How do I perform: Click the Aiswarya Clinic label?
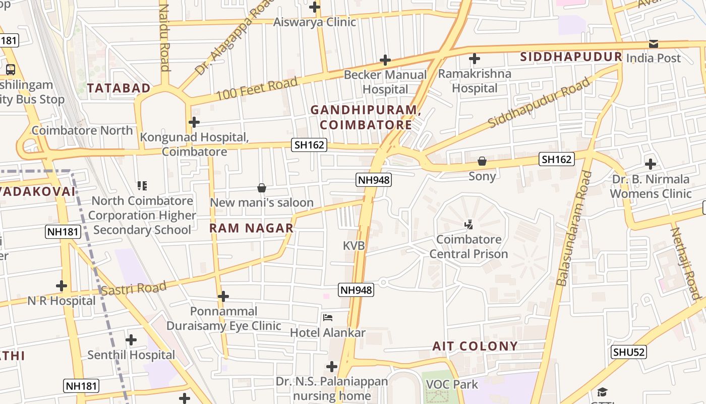pyautogui.click(x=315, y=22)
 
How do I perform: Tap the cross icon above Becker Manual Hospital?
pyautogui.click(x=385, y=60)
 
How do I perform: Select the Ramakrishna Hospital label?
pyautogui.click(x=474, y=81)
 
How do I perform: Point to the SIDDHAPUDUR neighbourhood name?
pyautogui.click(x=571, y=57)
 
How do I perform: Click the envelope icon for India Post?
pyautogui.click(x=654, y=44)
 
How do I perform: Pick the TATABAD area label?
pyautogui.click(x=119, y=88)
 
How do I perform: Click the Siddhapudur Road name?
pyautogui.click(x=540, y=103)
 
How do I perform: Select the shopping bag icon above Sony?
pyautogui.click(x=482, y=162)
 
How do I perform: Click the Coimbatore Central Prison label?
pyautogui.click(x=468, y=246)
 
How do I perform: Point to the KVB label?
pyautogui.click(x=354, y=246)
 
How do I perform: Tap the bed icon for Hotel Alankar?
pyautogui.click(x=328, y=318)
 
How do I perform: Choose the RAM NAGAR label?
pyautogui.click(x=252, y=228)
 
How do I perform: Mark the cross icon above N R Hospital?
pyautogui.click(x=62, y=286)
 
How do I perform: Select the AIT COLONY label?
pyautogui.click(x=475, y=346)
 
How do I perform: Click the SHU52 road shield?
pyautogui.click(x=629, y=352)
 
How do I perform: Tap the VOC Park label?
pyautogui.click(x=452, y=384)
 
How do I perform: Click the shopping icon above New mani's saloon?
pyautogui.click(x=262, y=188)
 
